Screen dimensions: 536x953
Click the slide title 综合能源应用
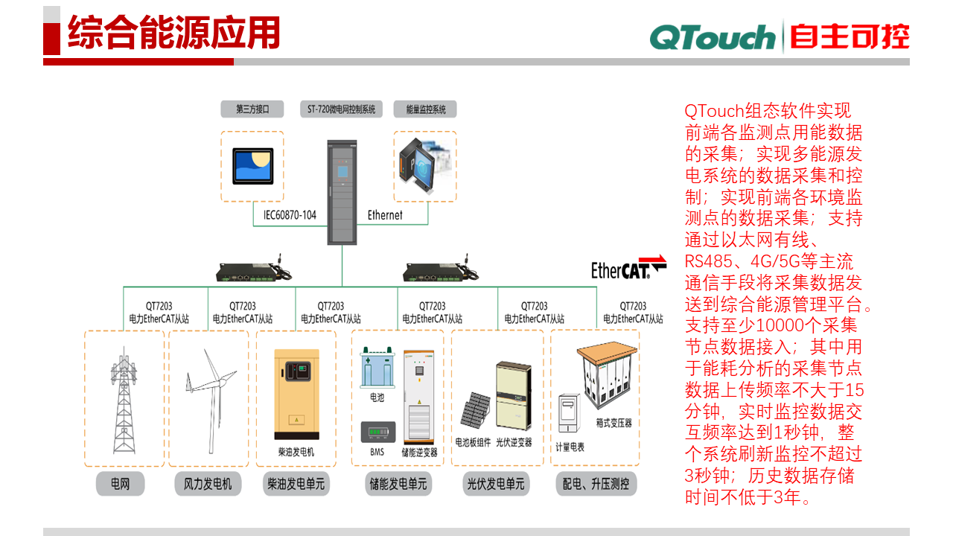coord(173,33)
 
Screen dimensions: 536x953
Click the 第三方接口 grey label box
coord(252,109)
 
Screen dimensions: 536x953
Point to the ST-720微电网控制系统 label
coord(341,109)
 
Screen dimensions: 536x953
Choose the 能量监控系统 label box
coord(425,109)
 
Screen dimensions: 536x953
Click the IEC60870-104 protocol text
coord(290,215)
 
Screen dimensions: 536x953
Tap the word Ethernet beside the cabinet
coord(385,215)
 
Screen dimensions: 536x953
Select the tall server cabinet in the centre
coord(342,192)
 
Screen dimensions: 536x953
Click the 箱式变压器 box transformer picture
coord(603,376)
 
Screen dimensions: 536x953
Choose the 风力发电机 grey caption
coord(208,484)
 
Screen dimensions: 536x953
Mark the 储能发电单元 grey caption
coord(398,484)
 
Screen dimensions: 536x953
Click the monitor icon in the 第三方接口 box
coord(252,166)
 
